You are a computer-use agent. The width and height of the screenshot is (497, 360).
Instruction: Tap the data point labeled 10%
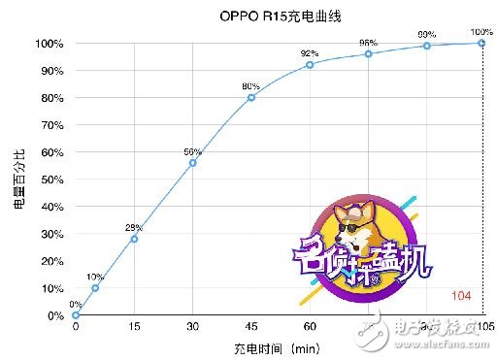click(95, 287)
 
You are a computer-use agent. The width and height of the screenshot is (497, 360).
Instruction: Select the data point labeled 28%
click(134, 239)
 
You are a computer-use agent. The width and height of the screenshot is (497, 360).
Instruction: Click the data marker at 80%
click(251, 97)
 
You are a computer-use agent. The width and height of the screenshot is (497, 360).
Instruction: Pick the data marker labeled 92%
click(310, 64)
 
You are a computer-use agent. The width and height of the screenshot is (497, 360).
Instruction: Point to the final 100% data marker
click(482, 43)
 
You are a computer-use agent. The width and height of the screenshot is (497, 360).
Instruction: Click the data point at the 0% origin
click(76, 314)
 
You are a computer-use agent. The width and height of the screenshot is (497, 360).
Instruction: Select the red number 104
click(462, 294)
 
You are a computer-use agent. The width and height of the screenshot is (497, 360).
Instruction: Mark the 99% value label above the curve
click(426, 34)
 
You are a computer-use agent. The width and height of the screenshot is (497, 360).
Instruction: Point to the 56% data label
click(192, 151)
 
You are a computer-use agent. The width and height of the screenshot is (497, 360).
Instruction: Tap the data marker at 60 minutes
click(310, 64)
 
